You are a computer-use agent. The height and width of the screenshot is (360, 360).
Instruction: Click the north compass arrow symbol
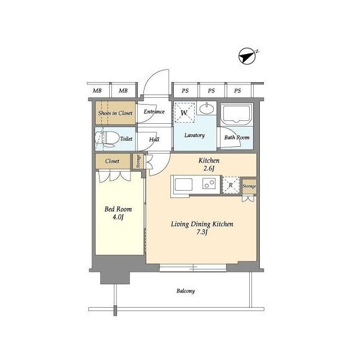247,56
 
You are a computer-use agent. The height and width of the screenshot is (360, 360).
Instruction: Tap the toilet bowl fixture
107,139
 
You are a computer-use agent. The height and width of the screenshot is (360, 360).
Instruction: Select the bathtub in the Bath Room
236,115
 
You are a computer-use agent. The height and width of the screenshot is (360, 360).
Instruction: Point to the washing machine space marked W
184,112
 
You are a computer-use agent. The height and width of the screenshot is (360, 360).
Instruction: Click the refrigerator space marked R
231,185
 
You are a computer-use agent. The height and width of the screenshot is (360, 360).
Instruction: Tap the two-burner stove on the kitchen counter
209,183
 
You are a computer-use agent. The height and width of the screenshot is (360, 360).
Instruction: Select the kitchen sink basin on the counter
184,184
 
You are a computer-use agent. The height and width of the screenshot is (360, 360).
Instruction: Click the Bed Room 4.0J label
118,213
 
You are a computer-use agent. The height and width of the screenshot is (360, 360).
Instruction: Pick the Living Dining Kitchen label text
202,224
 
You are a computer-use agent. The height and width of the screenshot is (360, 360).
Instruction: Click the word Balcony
186,291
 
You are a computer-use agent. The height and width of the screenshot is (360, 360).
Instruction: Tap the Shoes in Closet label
115,113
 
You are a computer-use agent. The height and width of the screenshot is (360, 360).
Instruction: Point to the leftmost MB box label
97,91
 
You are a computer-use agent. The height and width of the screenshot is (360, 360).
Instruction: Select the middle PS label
211,91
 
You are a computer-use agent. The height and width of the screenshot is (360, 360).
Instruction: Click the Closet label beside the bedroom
112,161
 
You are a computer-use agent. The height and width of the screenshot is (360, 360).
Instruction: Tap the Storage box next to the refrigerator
249,186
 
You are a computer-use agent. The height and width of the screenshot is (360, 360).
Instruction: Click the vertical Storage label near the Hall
138,161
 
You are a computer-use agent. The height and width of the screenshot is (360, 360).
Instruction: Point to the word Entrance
154,112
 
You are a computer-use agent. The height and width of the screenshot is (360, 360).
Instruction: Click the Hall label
154,139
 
